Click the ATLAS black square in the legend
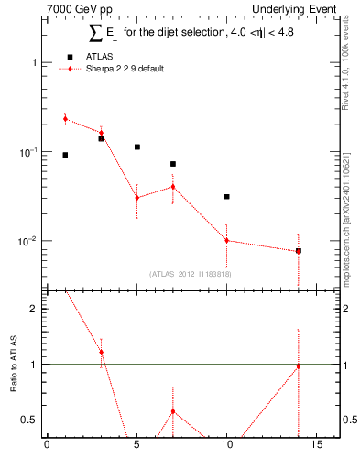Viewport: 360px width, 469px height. tap(71, 56)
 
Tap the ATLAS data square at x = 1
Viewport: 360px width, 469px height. tap(65, 155)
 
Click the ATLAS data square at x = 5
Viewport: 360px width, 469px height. tap(136, 147)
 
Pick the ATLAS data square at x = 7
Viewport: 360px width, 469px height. tap(172, 164)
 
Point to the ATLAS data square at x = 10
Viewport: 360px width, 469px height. tap(226, 196)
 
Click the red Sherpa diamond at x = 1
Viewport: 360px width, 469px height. tap(65, 118)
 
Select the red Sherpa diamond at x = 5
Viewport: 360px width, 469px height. tap(136, 197)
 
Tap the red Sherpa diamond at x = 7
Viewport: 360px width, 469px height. tap(172, 187)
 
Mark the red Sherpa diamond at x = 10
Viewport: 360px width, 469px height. tap(226, 240)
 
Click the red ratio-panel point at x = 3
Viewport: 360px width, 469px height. tap(101, 352)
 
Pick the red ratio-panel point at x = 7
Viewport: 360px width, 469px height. tap(172, 410)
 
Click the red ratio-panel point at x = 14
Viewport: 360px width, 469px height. tap(298, 366)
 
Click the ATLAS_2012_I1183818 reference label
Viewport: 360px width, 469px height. tap(191, 273)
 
